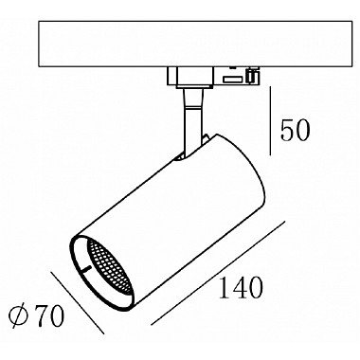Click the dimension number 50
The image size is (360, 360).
[x=296, y=130]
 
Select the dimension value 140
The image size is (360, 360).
[x=241, y=288]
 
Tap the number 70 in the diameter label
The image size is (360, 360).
[x=49, y=316]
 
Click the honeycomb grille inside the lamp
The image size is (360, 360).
[x=109, y=266]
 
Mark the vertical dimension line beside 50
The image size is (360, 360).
[x=270, y=121]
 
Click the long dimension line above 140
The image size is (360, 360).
[x=218, y=273]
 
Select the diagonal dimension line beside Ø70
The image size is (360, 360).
[x=78, y=302]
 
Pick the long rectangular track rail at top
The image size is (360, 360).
[x=195, y=44]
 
